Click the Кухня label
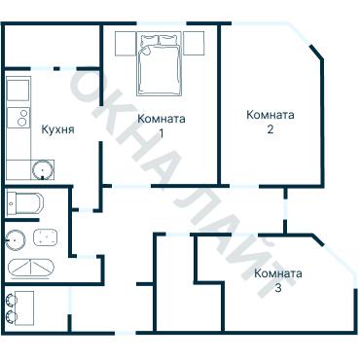pyautogui.click(x=58, y=127)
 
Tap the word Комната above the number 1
pyautogui.click(x=162, y=120)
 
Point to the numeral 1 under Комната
pyautogui.click(x=161, y=133)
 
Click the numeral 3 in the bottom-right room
pyautogui.click(x=278, y=288)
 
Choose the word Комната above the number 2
pyautogui.click(x=270, y=114)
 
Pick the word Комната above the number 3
pyautogui.click(x=278, y=273)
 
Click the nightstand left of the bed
pyautogui.click(x=126, y=43)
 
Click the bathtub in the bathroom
pyautogui.click(x=33, y=268)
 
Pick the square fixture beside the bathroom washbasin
pyautogui.click(x=45, y=236)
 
